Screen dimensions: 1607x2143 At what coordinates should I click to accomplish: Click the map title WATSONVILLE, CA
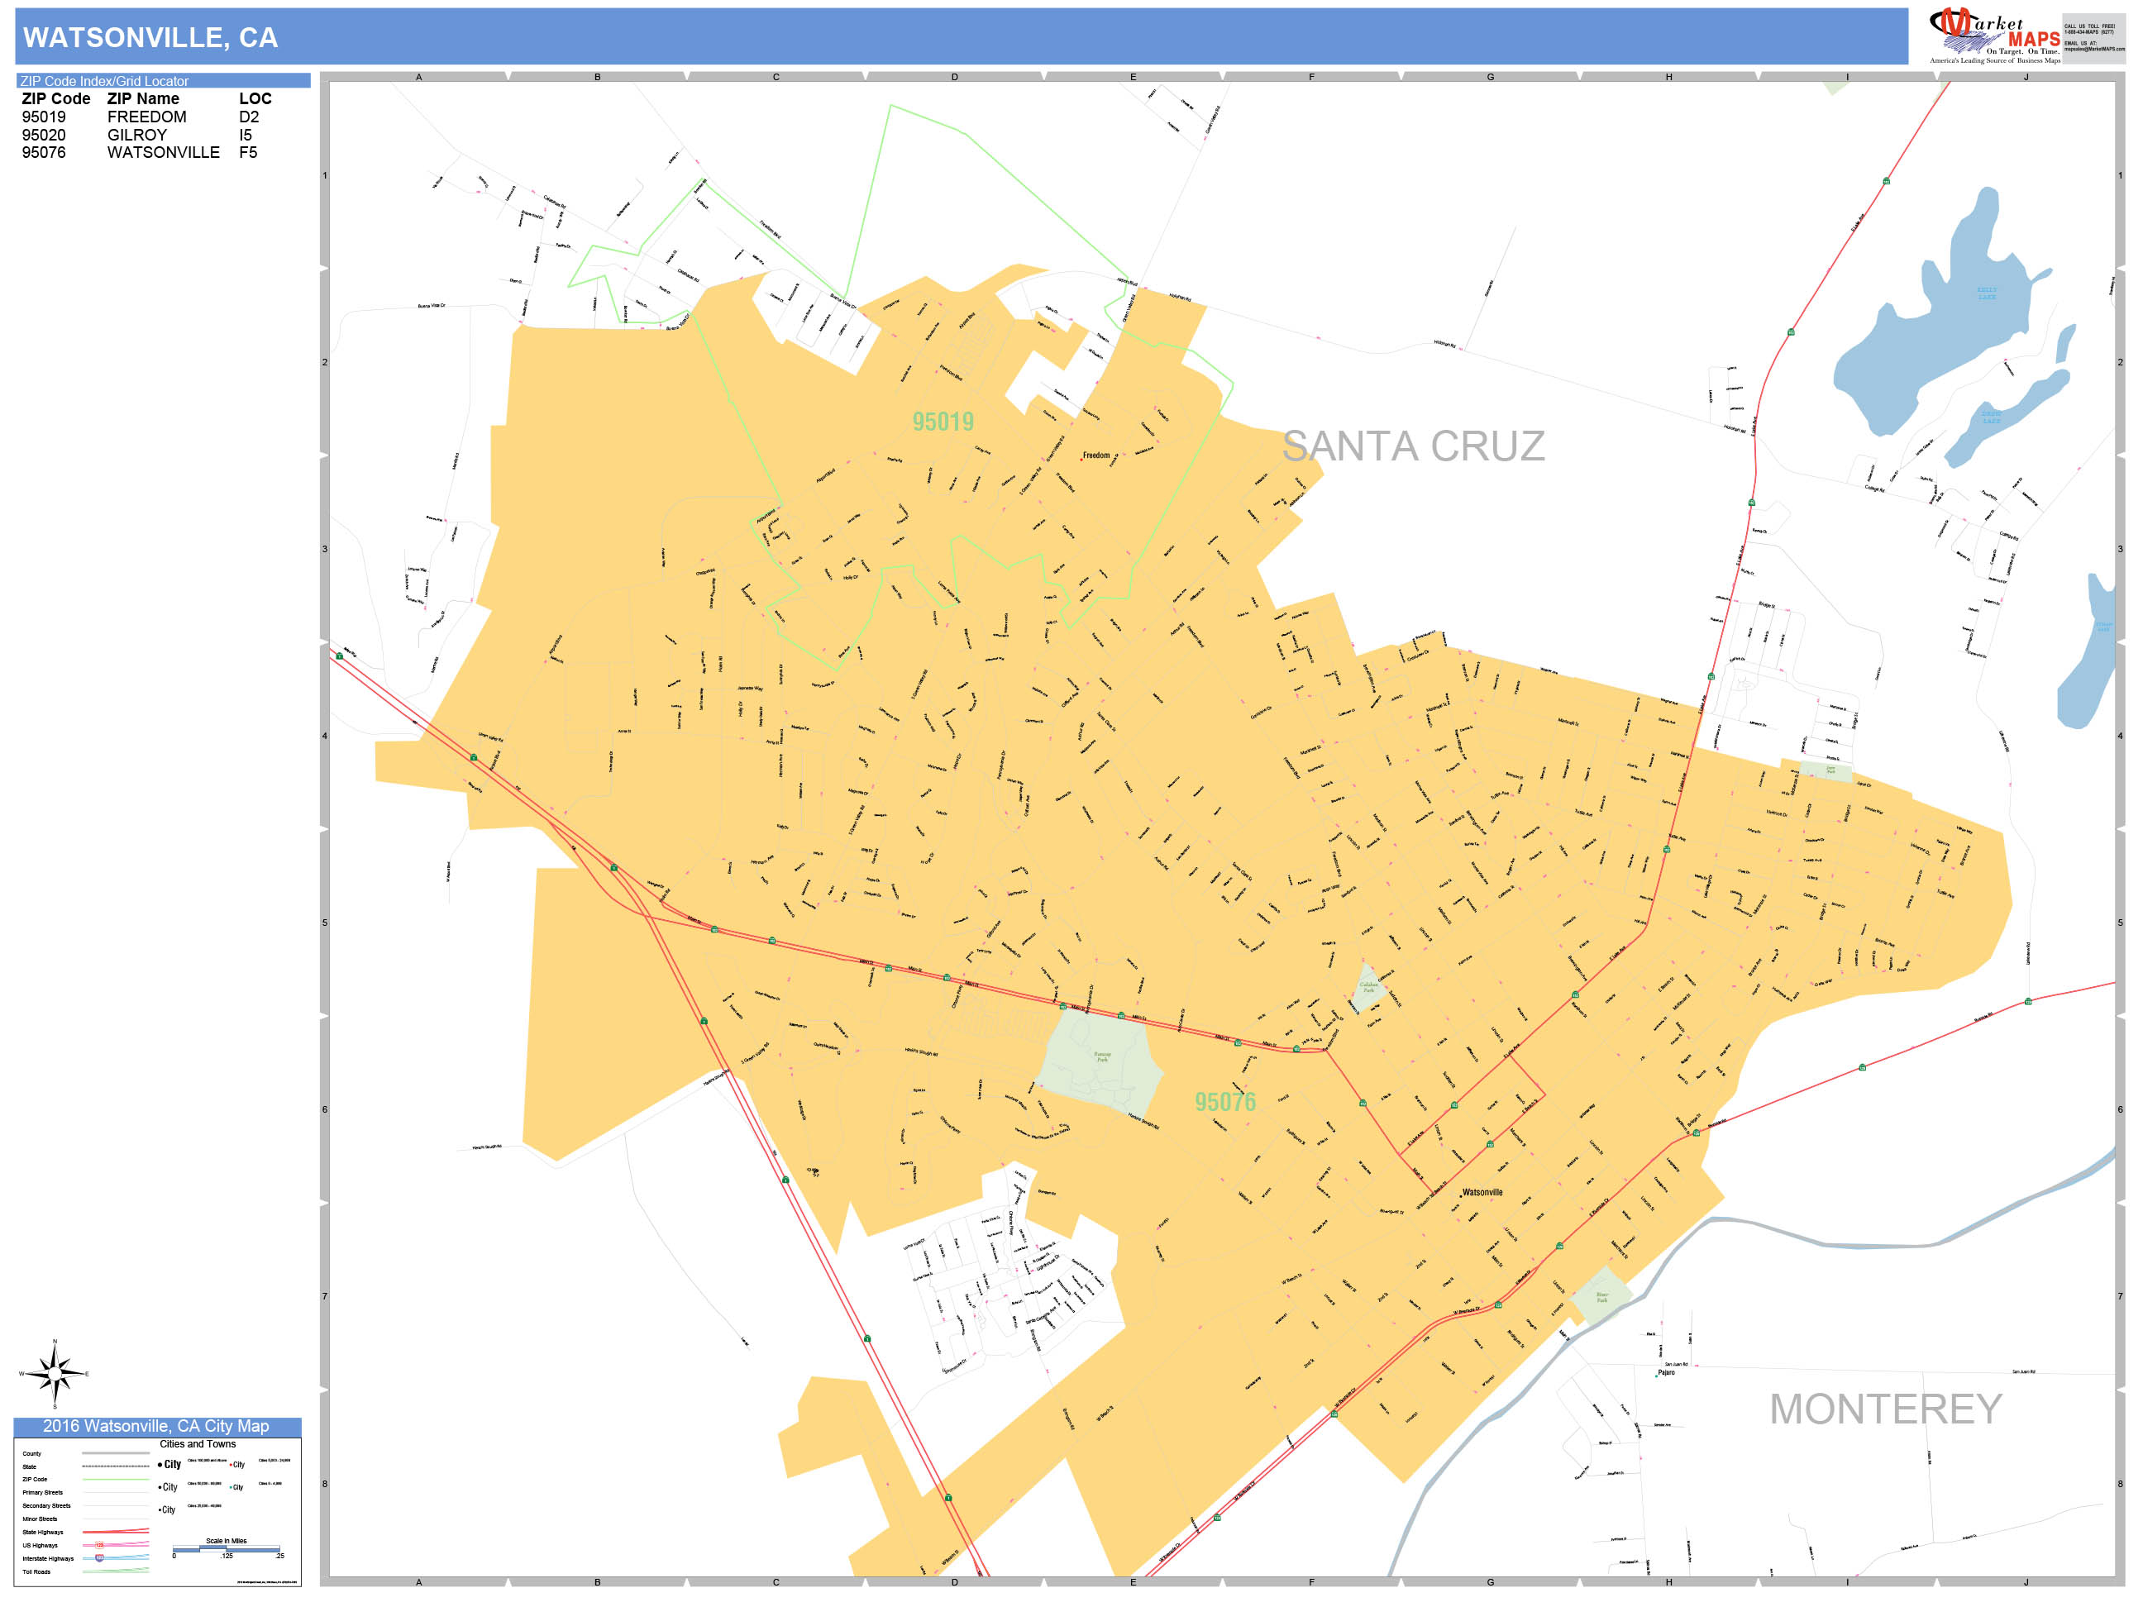point(150,38)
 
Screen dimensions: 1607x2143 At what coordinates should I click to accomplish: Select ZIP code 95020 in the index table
point(44,135)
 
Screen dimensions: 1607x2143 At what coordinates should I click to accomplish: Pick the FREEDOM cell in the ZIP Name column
point(146,117)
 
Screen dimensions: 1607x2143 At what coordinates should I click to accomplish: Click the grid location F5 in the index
point(248,152)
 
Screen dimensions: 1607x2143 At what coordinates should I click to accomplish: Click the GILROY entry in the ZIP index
point(136,135)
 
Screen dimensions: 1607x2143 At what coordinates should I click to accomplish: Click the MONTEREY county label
point(1884,1409)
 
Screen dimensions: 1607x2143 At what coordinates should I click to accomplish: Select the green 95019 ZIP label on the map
point(943,422)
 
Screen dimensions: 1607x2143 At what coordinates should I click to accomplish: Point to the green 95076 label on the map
point(1224,1101)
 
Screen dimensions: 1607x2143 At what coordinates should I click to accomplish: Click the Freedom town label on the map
point(1095,455)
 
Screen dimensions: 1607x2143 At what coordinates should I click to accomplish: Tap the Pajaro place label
point(1665,1372)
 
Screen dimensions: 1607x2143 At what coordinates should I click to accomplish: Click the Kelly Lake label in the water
point(1986,293)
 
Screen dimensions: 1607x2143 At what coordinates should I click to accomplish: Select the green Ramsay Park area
point(1100,1061)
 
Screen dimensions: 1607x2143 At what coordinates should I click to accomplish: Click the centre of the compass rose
point(55,1372)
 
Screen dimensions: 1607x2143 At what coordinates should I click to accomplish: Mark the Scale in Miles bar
point(227,1550)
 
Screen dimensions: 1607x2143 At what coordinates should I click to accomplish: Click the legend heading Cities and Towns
point(198,1444)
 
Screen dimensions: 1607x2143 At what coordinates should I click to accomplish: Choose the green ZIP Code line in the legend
point(115,1479)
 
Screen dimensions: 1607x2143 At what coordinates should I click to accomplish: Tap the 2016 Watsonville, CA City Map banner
point(156,1426)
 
